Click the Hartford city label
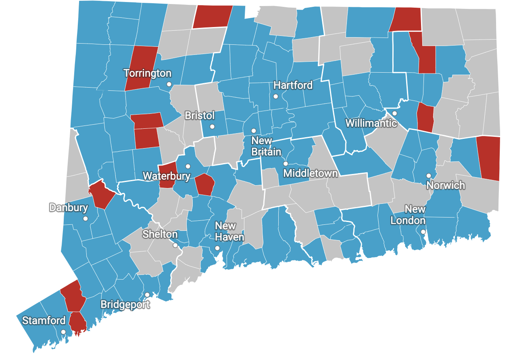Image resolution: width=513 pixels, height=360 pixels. coord(293,85)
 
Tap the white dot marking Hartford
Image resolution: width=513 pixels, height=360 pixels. coord(275,96)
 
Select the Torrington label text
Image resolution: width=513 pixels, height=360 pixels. coord(147,73)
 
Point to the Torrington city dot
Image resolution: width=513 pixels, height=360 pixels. coord(169,84)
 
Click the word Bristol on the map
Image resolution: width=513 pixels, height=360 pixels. coord(200,116)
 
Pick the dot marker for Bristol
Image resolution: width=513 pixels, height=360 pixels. coord(213,127)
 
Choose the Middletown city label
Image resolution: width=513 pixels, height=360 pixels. coord(310,174)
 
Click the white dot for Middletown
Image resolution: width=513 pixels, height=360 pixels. coord(286,164)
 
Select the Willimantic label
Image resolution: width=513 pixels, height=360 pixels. coord(371,123)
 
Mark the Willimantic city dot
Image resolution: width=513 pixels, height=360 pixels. coord(395,113)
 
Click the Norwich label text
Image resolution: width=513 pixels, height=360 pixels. coord(446,186)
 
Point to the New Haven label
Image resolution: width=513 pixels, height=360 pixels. coord(229,231)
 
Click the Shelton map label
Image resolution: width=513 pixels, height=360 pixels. coord(160,234)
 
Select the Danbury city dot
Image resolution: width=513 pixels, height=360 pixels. coord(85,219)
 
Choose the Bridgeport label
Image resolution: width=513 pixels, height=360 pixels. coord(125,304)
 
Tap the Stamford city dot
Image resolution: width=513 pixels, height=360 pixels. coord(63,332)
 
